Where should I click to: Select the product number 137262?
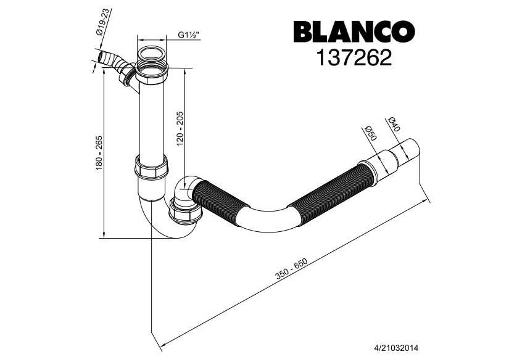(x=353, y=58)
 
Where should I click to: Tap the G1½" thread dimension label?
(x=188, y=35)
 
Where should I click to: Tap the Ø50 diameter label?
(x=370, y=134)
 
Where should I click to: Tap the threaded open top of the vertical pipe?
(x=151, y=52)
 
